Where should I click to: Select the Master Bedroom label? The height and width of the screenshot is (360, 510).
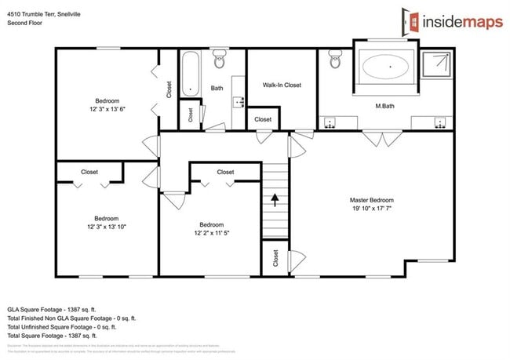[x=371, y=200]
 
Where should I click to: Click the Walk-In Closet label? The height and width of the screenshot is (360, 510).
[x=282, y=85]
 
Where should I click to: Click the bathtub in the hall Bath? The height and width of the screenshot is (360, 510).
[x=190, y=74]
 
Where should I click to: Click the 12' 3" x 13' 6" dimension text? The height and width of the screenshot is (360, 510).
[x=107, y=110]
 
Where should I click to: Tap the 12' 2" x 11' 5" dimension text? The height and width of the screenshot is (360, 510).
[x=212, y=233]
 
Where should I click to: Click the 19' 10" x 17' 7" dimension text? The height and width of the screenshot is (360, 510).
[x=371, y=209]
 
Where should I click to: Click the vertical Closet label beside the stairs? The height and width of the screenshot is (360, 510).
[x=275, y=258]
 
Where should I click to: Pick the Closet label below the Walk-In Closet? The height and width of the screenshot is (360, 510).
[x=263, y=119]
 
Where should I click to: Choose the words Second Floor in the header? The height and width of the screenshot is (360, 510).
[x=25, y=24]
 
